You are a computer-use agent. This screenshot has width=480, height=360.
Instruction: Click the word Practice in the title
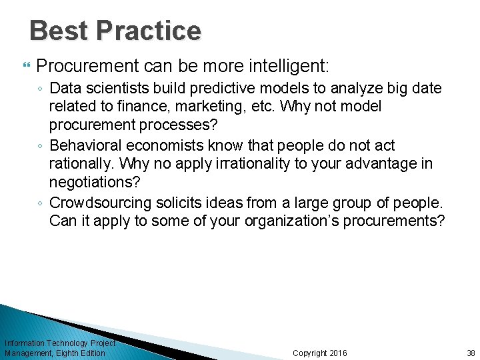148,31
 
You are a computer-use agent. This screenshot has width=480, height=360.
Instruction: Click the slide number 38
471,353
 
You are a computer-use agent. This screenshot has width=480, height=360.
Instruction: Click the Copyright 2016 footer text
320,353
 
